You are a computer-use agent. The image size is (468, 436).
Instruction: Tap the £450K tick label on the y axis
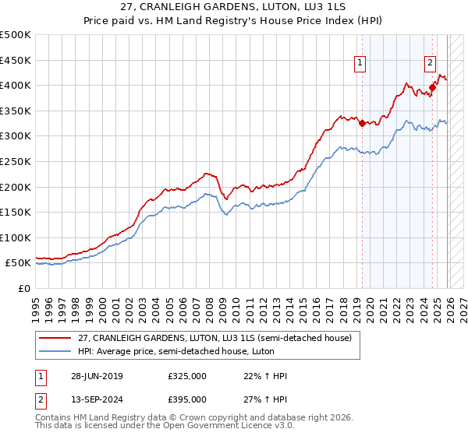point(16,60)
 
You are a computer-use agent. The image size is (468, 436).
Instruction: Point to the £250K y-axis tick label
point(16,161)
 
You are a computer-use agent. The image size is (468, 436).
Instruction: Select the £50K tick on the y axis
point(19,263)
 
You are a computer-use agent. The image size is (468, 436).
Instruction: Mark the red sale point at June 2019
point(362,123)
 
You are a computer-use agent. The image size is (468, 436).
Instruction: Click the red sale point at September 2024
point(432,87)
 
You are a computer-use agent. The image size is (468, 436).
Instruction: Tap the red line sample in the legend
point(56,339)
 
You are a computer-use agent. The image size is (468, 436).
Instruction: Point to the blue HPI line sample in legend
point(56,352)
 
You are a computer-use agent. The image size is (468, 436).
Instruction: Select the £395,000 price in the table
point(187,399)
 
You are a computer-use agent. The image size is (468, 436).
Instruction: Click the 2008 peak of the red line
point(207,173)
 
